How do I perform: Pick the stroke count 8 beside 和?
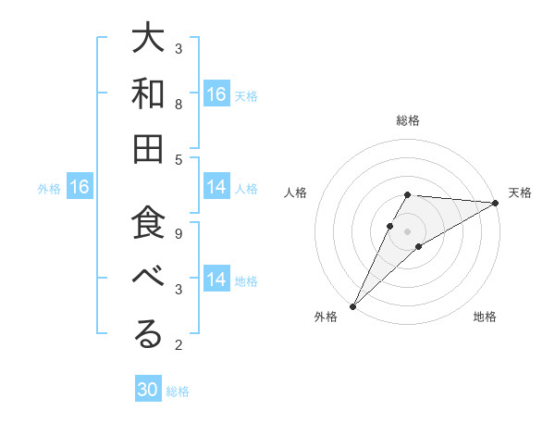179,104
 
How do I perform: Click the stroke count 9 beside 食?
179,233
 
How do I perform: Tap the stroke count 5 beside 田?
179,159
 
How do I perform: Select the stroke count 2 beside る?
179,345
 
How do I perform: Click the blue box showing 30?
148,391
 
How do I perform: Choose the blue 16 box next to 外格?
80,188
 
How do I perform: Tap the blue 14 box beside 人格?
216,188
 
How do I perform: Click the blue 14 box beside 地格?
216,280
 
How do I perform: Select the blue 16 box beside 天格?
216,94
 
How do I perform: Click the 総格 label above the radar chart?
408,120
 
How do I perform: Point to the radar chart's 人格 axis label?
296,193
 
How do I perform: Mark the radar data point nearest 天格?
496,203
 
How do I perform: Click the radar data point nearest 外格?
352,306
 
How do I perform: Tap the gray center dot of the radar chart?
408,230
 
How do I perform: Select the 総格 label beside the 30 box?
179,391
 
